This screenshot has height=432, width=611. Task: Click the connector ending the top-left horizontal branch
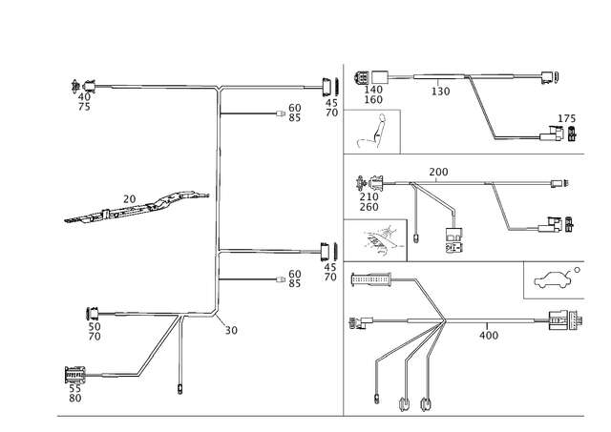tap(80, 89)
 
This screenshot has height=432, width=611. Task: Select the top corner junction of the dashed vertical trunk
tap(219, 87)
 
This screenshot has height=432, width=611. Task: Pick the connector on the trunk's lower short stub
tap(293, 278)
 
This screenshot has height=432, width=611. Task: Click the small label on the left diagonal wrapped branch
tap(130, 199)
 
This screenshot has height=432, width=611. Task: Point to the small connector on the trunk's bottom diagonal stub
tap(231, 329)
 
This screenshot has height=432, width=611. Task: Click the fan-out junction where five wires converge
tap(447, 319)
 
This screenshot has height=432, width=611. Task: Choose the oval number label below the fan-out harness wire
tap(489, 335)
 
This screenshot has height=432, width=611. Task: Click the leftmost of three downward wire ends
tap(377, 401)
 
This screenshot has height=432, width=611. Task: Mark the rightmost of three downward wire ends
tap(426, 401)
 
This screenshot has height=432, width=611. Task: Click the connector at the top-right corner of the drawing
tap(551, 76)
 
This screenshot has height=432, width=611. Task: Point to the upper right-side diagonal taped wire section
tap(486, 110)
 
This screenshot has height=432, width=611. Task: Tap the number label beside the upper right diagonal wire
tap(440, 91)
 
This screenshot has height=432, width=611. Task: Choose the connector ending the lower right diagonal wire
tap(561, 227)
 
